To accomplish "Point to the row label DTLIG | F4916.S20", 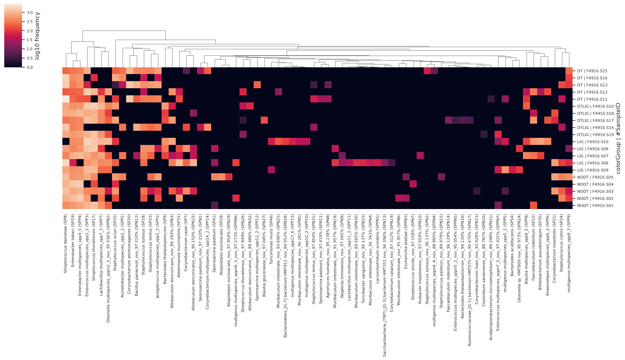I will (595, 107).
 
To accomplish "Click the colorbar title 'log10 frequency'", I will (37, 35).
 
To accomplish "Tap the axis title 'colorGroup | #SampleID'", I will (618, 138).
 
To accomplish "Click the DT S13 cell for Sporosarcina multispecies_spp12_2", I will (257, 85).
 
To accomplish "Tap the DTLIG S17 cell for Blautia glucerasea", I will (264, 120).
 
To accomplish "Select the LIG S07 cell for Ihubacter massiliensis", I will (420, 156).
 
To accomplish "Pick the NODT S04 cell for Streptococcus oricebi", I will (413, 184).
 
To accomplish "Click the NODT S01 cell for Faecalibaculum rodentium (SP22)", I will (534, 206).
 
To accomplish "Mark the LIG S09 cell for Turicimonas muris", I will (271, 170).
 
